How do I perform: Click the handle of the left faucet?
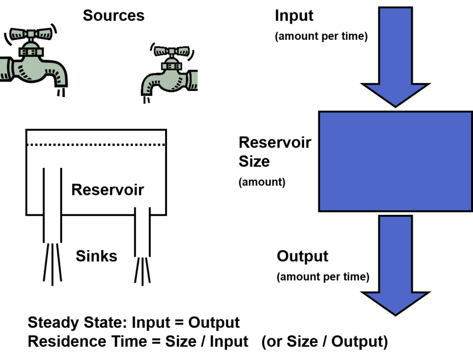click(x=31, y=34)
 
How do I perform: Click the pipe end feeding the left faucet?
click(x=5, y=69)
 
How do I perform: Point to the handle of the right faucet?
click(x=171, y=51)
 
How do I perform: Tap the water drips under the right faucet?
click(x=146, y=100)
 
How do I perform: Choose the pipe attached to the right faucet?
click(x=193, y=80)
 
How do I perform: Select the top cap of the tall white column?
click(x=54, y=163)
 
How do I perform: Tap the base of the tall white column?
click(x=53, y=248)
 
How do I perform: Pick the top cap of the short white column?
click(x=144, y=203)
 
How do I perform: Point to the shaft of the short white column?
click(x=142, y=232)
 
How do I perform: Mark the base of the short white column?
click(x=142, y=260)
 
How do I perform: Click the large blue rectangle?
click(x=395, y=161)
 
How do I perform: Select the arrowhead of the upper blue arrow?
click(x=395, y=95)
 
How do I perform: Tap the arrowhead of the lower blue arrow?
click(x=395, y=303)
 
